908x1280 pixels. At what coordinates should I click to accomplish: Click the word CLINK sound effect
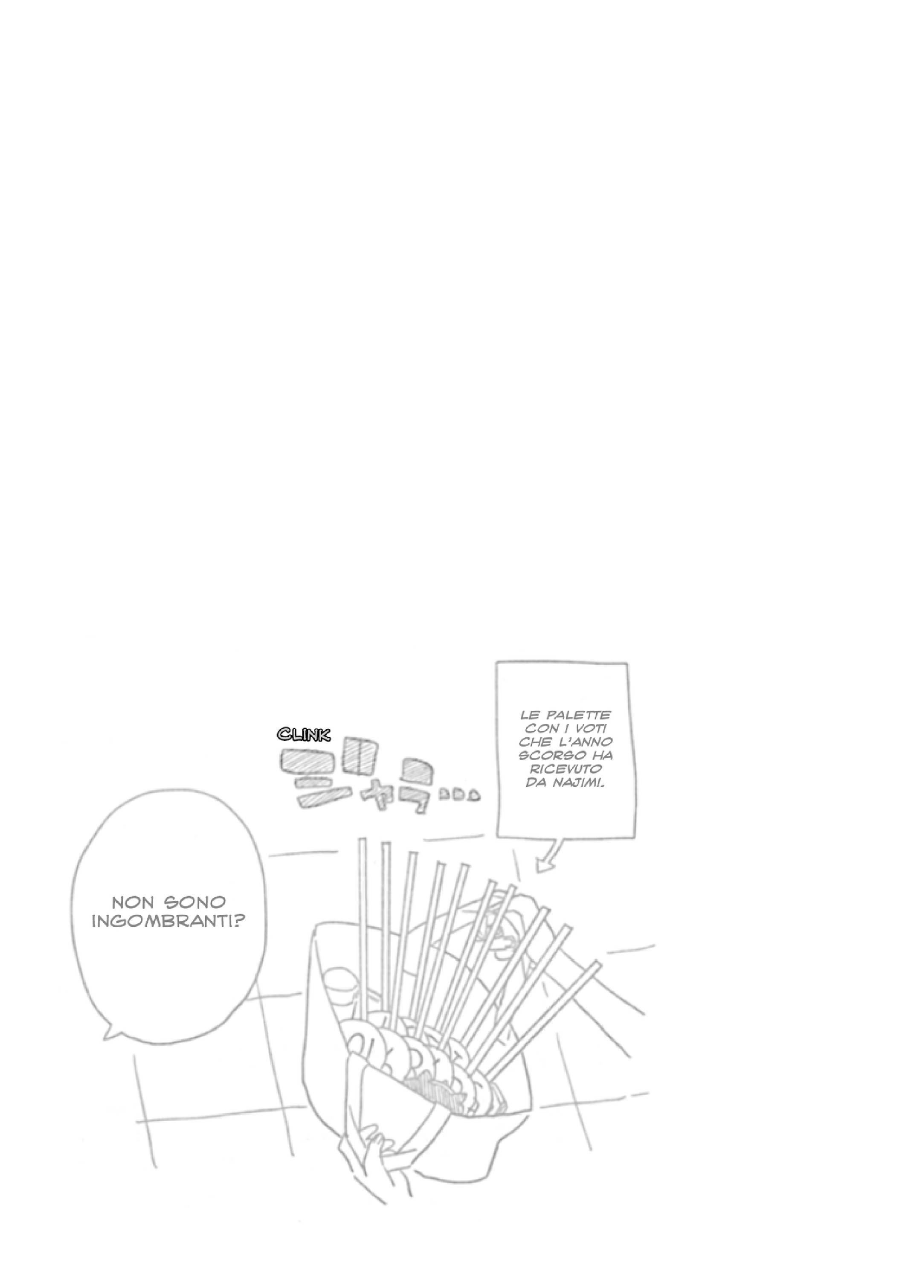pyautogui.click(x=304, y=734)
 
